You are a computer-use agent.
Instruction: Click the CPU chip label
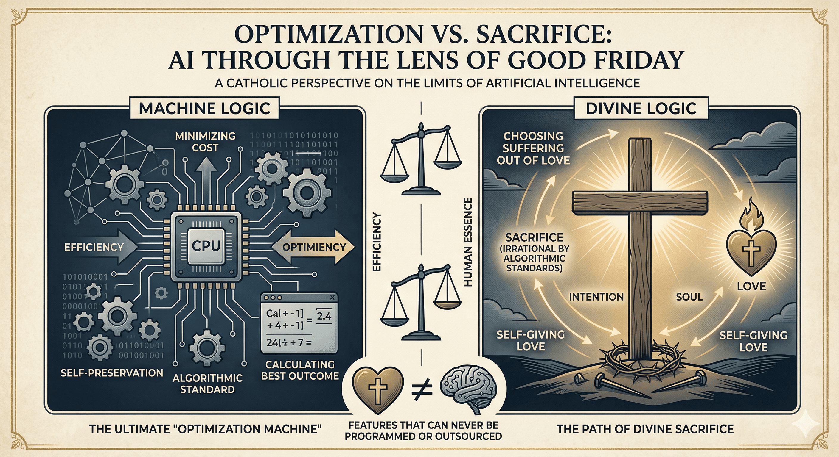[x=206, y=245]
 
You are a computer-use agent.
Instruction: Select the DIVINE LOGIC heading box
[x=641, y=108]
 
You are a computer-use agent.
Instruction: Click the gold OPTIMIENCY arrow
[x=313, y=247]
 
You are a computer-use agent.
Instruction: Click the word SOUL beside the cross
[x=689, y=297]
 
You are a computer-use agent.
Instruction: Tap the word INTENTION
[x=596, y=297]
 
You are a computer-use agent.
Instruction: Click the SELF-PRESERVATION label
[x=112, y=373]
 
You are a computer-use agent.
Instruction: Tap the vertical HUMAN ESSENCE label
[x=468, y=242]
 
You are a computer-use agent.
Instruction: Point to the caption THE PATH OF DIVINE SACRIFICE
[x=645, y=429]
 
